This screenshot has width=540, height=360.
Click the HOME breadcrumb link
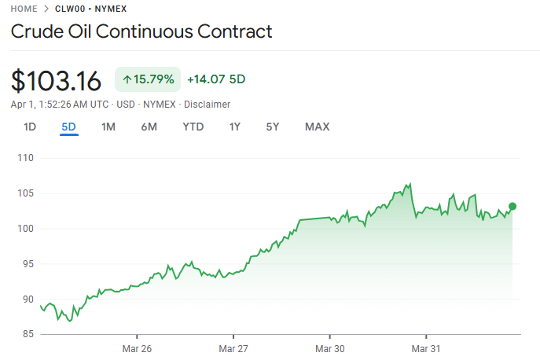click(x=24, y=9)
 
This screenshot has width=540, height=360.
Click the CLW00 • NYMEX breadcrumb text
click(x=91, y=9)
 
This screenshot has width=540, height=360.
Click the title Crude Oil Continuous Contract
click(x=141, y=31)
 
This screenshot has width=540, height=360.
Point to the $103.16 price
click(x=57, y=81)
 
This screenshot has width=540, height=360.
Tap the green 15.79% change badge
click(x=148, y=79)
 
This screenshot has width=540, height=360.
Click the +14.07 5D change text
click(x=216, y=79)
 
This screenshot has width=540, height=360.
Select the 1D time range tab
click(x=30, y=127)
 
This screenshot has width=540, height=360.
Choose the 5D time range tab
click(x=69, y=127)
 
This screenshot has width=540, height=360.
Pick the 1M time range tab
click(x=108, y=127)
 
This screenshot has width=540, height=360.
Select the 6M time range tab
click(x=149, y=127)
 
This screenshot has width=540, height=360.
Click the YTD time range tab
click(x=193, y=127)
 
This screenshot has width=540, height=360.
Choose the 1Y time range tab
click(x=235, y=127)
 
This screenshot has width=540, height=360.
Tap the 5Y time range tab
click(x=273, y=127)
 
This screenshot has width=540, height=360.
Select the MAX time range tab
click(x=317, y=127)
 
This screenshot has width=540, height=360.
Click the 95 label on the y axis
click(x=28, y=264)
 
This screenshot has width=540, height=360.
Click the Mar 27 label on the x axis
click(x=233, y=347)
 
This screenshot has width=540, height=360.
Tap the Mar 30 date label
click(x=329, y=347)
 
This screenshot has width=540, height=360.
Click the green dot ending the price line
click(x=512, y=207)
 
